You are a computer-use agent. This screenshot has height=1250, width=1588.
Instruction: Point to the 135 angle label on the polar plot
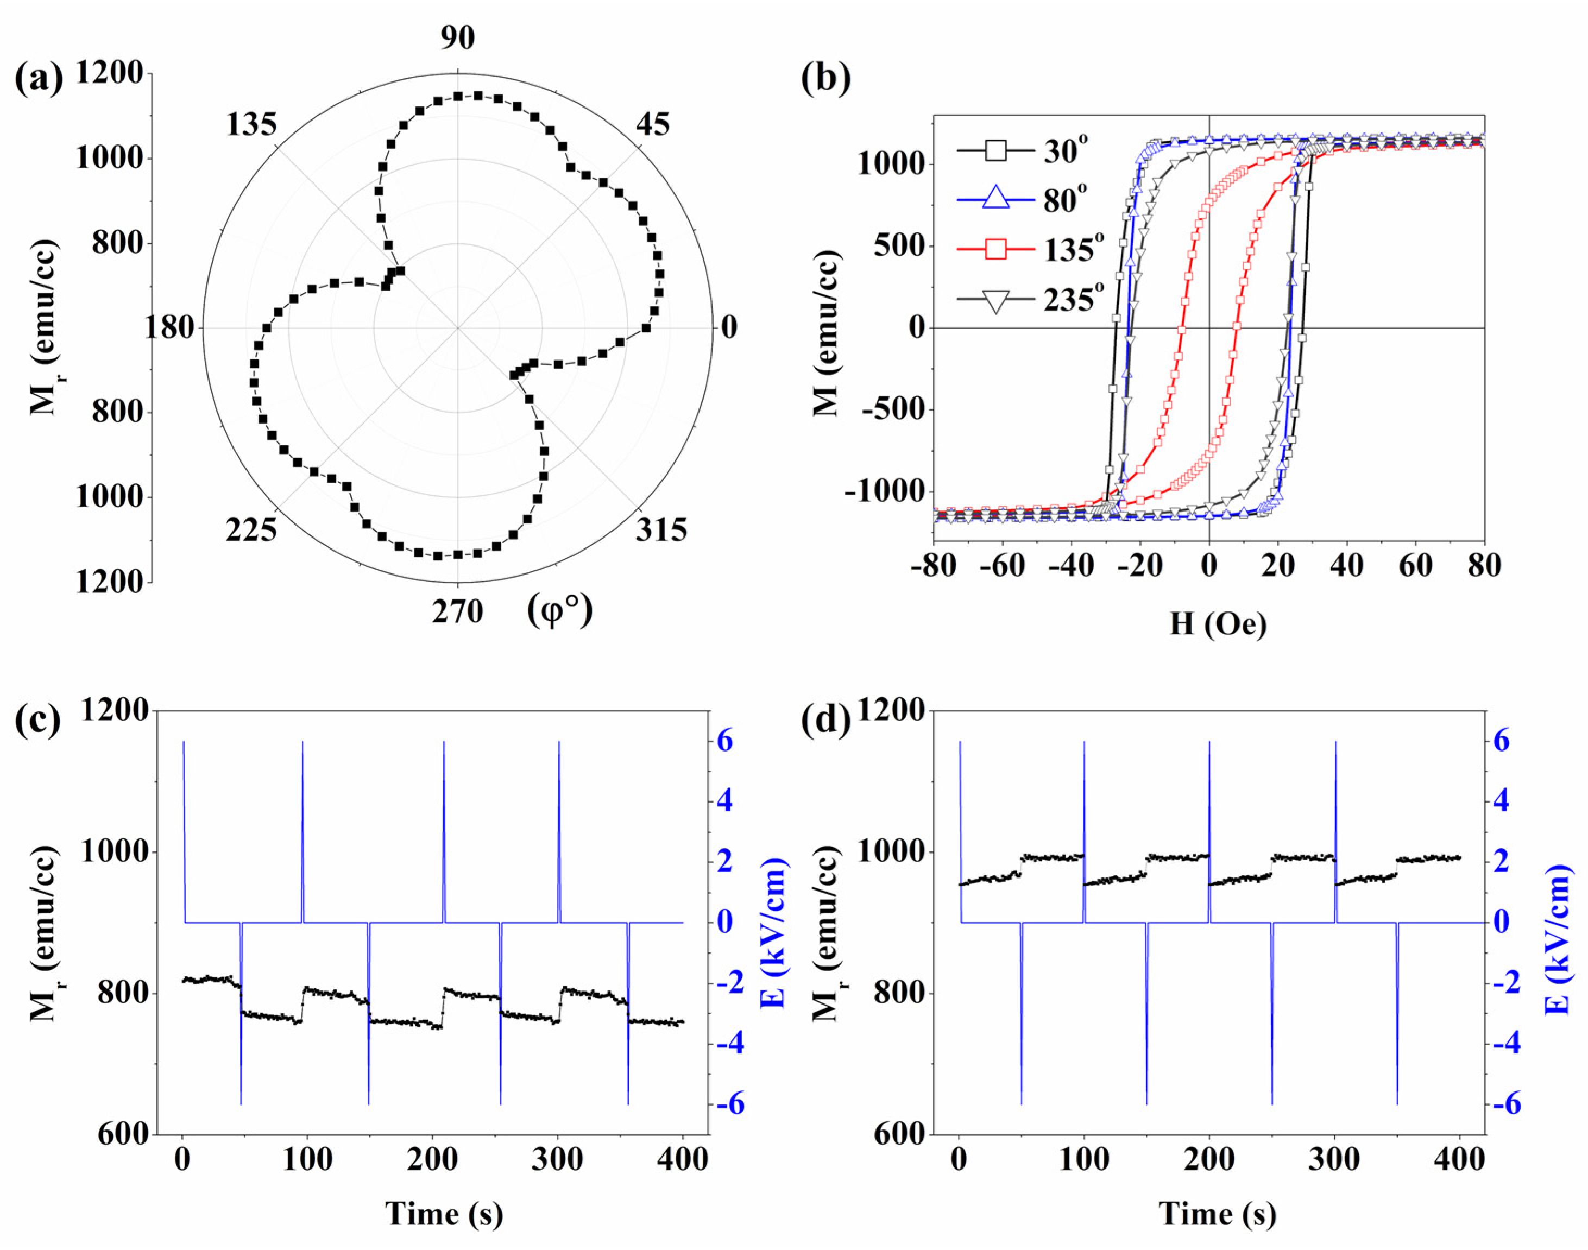[251, 125]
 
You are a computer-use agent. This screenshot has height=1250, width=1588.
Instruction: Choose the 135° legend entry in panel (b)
[1028, 250]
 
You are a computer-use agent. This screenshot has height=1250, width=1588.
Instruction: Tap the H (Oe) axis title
[1218, 623]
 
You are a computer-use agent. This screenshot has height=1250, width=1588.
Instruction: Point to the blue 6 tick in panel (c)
[724, 741]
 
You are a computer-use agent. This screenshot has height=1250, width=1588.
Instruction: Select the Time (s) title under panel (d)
[1218, 1214]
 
